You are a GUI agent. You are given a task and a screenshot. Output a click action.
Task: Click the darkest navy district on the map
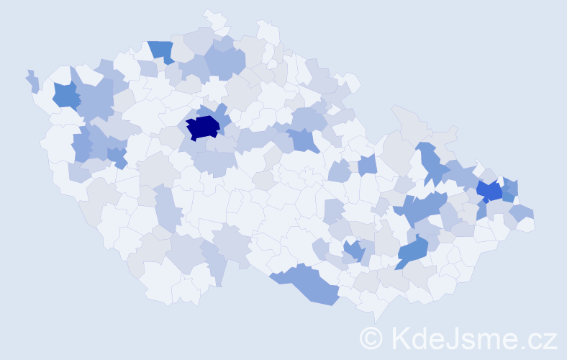coord(202,127)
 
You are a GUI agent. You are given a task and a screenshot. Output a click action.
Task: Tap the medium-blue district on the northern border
coord(161,51)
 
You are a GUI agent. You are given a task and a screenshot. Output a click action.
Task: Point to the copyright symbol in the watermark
coord(372,338)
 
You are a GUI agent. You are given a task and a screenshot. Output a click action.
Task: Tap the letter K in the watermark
coord(402,338)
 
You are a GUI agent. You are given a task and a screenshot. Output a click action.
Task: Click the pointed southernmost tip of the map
coord(375,318)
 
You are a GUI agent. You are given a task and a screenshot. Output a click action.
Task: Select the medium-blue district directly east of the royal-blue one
coord(509,189)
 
